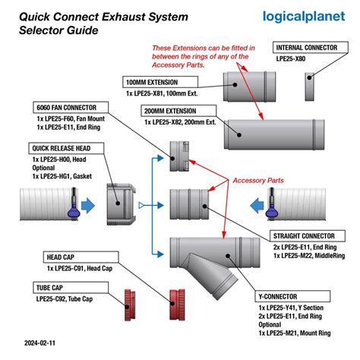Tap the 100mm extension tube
pos(249,87)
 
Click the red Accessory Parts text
pos(259,182)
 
